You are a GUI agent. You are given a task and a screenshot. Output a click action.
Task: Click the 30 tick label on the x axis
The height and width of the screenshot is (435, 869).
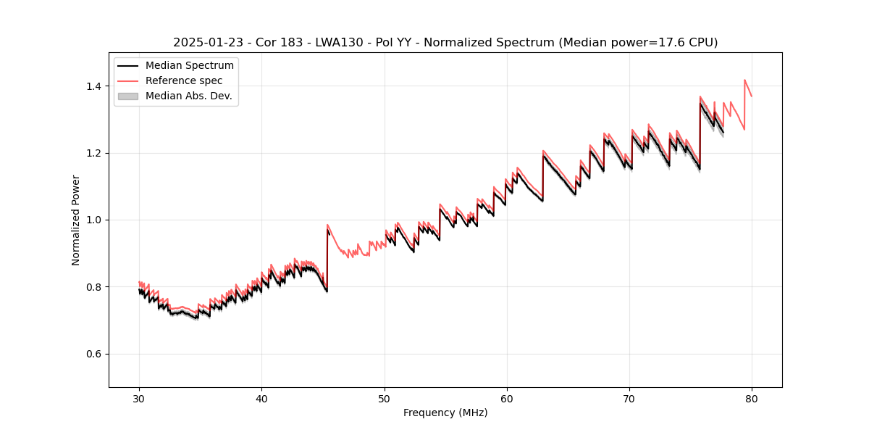(x=139, y=398)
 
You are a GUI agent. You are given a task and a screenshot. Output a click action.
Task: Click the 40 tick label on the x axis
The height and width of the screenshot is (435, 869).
(x=261, y=398)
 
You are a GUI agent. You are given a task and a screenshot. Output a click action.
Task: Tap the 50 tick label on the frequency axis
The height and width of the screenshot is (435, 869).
(x=385, y=398)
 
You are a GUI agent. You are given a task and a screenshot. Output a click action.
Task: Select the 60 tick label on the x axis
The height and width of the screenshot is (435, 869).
(x=507, y=398)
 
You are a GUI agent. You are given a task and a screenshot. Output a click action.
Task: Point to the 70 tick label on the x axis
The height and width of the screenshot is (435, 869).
(x=629, y=398)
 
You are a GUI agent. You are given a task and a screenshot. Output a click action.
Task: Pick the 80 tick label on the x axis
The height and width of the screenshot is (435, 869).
(x=752, y=398)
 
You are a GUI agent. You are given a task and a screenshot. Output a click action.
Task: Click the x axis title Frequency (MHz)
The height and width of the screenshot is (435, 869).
(x=445, y=413)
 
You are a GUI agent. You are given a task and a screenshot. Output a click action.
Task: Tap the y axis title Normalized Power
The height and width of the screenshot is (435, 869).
(x=76, y=220)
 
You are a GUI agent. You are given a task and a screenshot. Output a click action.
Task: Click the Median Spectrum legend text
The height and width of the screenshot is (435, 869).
(x=190, y=66)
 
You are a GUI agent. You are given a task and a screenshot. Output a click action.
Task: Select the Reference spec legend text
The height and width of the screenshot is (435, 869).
(x=184, y=80)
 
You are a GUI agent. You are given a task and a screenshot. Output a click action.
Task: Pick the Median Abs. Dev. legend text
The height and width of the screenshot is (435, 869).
(x=189, y=96)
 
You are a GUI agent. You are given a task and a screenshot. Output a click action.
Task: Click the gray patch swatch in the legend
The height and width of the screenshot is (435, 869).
(x=127, y=96)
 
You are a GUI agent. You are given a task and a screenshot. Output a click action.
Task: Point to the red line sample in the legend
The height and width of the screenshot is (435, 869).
(x=127, y=80)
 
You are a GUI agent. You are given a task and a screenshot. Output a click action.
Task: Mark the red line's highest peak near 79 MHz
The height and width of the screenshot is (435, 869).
(x=744, y=80)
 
